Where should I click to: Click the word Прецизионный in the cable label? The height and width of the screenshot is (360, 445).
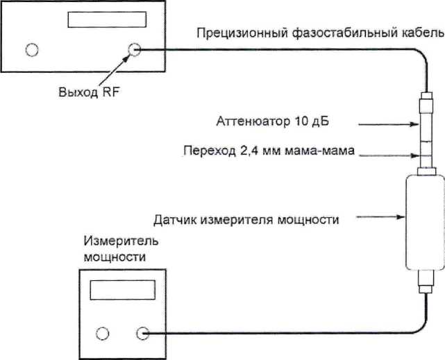(x=242, y=33)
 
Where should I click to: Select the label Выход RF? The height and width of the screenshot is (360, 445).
(x=89, y=92)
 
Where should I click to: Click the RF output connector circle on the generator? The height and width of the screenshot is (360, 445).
(x=134, y=50)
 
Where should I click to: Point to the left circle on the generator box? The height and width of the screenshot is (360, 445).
(x=32, y=50)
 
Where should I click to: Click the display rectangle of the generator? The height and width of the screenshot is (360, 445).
(x=107, y=19)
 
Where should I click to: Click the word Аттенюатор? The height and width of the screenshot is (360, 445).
(x=253, y=121)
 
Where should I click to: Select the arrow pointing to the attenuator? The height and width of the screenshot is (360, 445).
(x=389, y=124)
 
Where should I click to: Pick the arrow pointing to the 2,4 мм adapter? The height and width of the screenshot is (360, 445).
(x=389, y=155)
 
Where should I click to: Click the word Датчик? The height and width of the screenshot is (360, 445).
(x=175, y=220)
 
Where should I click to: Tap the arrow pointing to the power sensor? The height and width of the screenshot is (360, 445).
(x=380, y=217)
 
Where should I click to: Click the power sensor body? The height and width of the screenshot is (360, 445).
(x=425, y=223)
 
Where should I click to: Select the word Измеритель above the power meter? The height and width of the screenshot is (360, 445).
(x=121, y=241)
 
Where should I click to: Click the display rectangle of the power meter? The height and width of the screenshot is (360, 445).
(x=123, y=290)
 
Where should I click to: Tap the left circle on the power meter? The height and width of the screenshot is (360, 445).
(x=103, y=334)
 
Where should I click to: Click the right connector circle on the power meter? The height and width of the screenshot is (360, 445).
(x=142, y=334)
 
